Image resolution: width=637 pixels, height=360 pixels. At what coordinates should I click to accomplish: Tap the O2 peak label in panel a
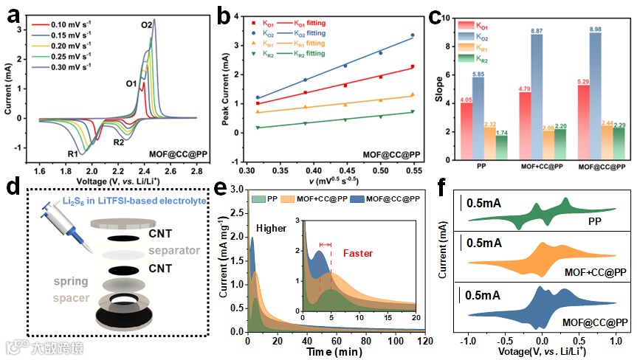[x=146, y=26]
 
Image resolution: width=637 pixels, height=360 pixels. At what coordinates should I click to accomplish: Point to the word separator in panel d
[x=174, y=250]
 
